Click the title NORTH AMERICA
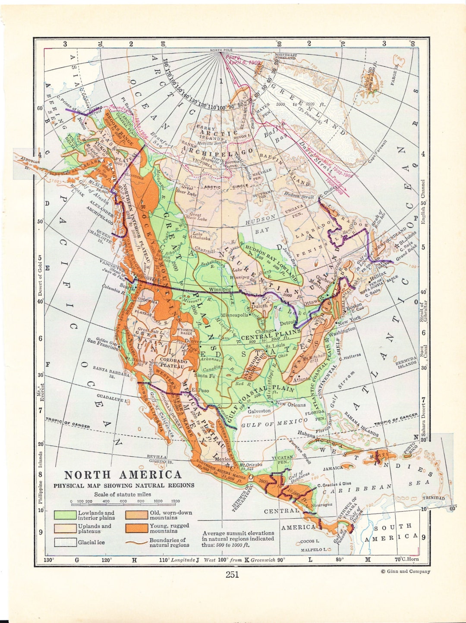tap(123, 475)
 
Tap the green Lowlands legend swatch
tap(65, 515)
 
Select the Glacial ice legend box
tap(65, 542)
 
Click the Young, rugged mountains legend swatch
tap(136, 528)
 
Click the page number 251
tap(232, 574)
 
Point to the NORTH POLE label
tap(221, 50)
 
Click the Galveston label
tap(259, 411)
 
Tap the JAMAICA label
tap(333, 468)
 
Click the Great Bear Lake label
tap(187, 190)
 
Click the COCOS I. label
tap(309, 541)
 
